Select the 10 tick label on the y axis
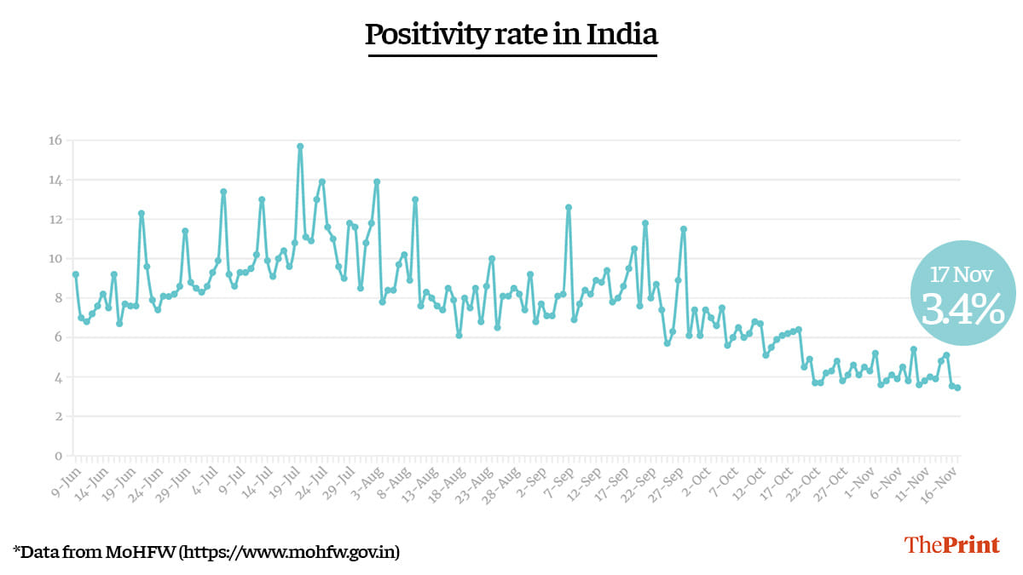55,259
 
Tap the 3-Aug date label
366,477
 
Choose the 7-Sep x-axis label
558,477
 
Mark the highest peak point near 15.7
300,147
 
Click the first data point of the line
76,274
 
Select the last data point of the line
958,388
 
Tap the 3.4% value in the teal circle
962,310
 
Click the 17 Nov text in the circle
962,274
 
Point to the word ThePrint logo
952,545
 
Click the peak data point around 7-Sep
569,207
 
